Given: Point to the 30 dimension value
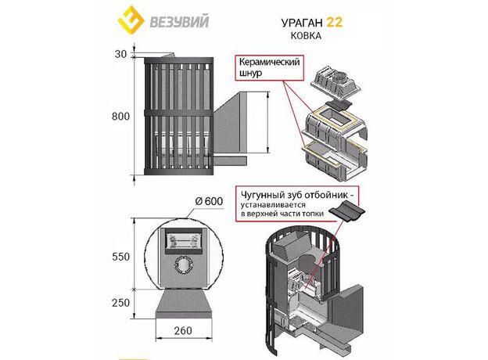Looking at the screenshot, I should [118, 54].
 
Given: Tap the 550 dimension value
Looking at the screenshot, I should [119, 255].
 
